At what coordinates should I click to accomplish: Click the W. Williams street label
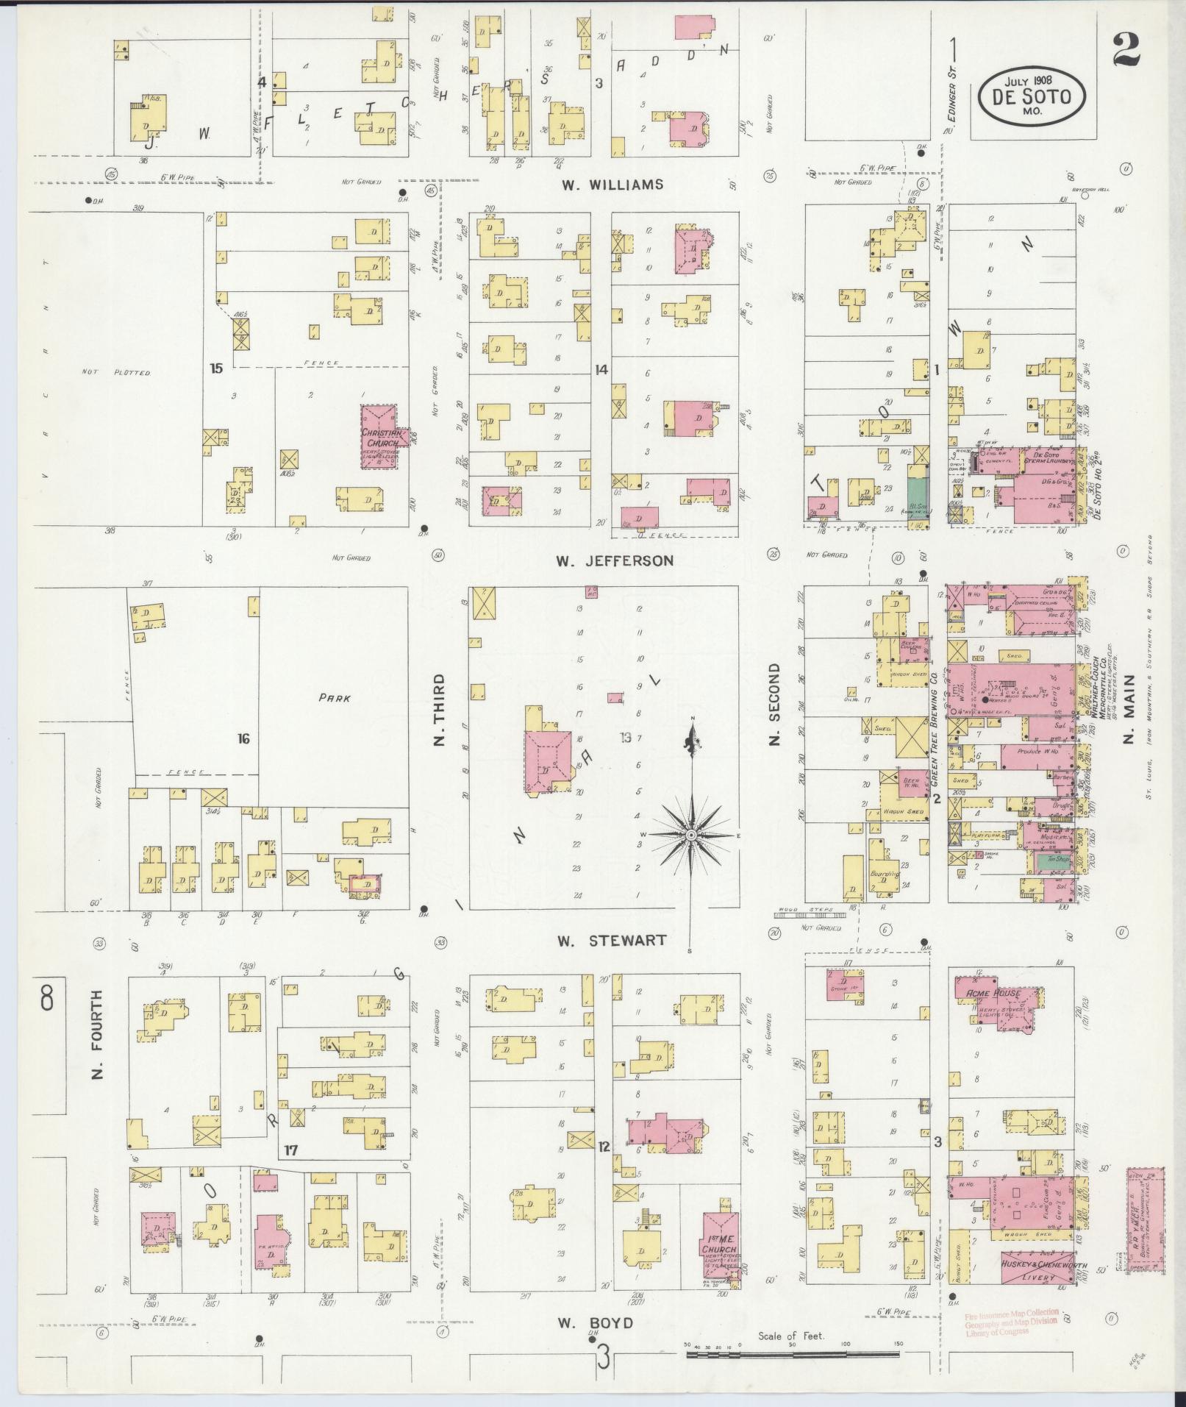612,185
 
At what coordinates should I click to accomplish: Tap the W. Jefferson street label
614,561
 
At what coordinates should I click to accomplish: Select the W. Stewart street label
612,940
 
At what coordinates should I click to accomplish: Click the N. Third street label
440,709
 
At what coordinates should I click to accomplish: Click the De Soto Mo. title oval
1032,97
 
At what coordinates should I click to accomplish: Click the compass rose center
691,836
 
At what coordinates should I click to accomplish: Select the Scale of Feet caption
791,1336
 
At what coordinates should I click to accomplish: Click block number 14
601,370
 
